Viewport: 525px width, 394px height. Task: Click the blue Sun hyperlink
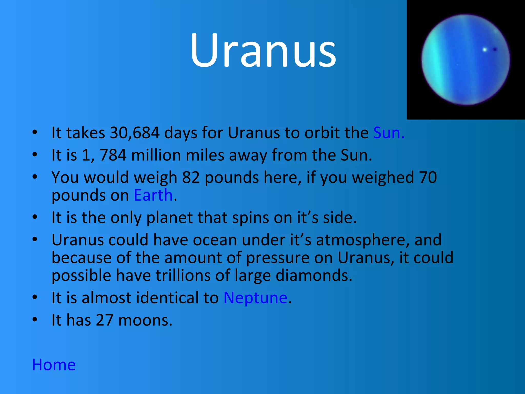389,133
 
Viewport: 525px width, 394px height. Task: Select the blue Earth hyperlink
153,195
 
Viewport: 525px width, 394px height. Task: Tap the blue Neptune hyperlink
255,298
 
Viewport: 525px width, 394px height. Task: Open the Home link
54,365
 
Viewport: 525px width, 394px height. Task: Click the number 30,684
135,133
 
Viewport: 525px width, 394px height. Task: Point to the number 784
113,155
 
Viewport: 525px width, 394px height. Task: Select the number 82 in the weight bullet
191,178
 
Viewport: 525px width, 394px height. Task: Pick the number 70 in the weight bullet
428,178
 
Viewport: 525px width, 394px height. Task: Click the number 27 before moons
104,320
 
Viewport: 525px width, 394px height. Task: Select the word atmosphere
362,240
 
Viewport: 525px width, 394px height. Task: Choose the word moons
145,320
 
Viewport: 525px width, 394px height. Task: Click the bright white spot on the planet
484,50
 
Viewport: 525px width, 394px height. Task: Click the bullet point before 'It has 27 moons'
35,320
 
